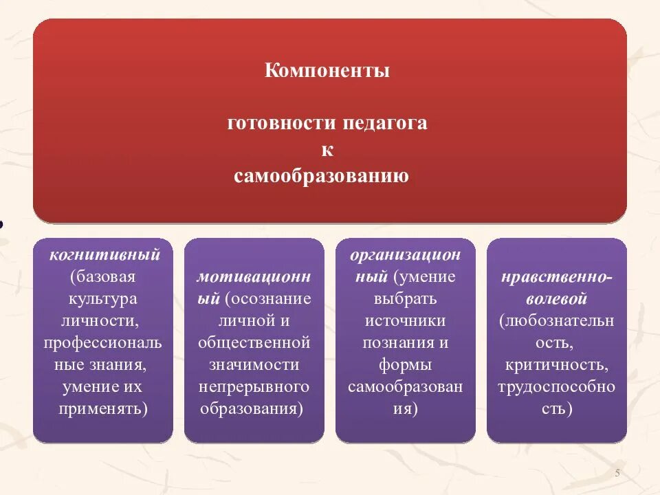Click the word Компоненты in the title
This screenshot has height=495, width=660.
[327, 71]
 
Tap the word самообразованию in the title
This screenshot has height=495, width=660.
[321, 177]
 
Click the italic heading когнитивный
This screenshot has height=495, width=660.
[104, 255]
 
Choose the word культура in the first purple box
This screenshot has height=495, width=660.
[102, 299]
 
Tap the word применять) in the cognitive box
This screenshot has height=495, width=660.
[102, 408]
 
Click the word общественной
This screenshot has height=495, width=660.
[254, 342]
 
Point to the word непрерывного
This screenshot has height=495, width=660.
[254, 386]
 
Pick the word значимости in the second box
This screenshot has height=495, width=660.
[254, 364]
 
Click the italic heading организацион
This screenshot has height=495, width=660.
[406, 255]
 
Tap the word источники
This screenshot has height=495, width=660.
[406, 321]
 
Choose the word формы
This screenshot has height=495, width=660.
[406, 364]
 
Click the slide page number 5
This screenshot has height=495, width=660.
[617, 473]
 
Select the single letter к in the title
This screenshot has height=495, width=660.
[327, 151]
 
